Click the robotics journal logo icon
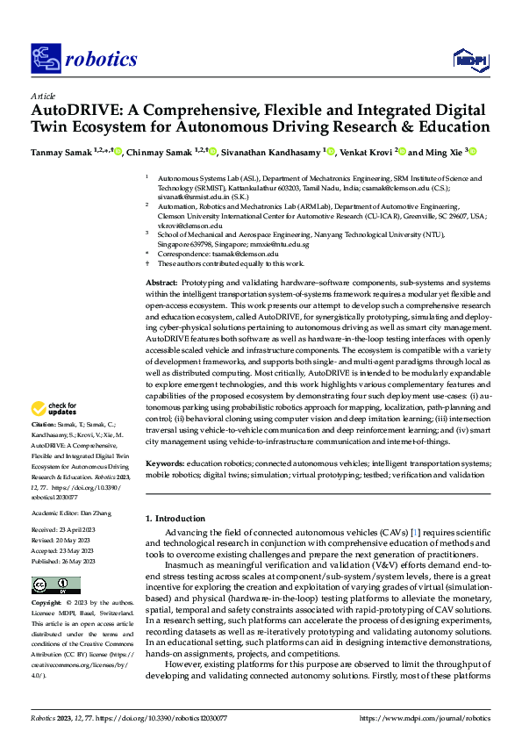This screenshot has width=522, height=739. tap(45, 59)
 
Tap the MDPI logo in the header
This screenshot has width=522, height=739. tap(469, 59)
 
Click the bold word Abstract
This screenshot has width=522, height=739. tap(161, 282)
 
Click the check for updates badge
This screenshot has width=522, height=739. tap(54, 408)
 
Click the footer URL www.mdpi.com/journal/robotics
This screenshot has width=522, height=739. tap(425, 717)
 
